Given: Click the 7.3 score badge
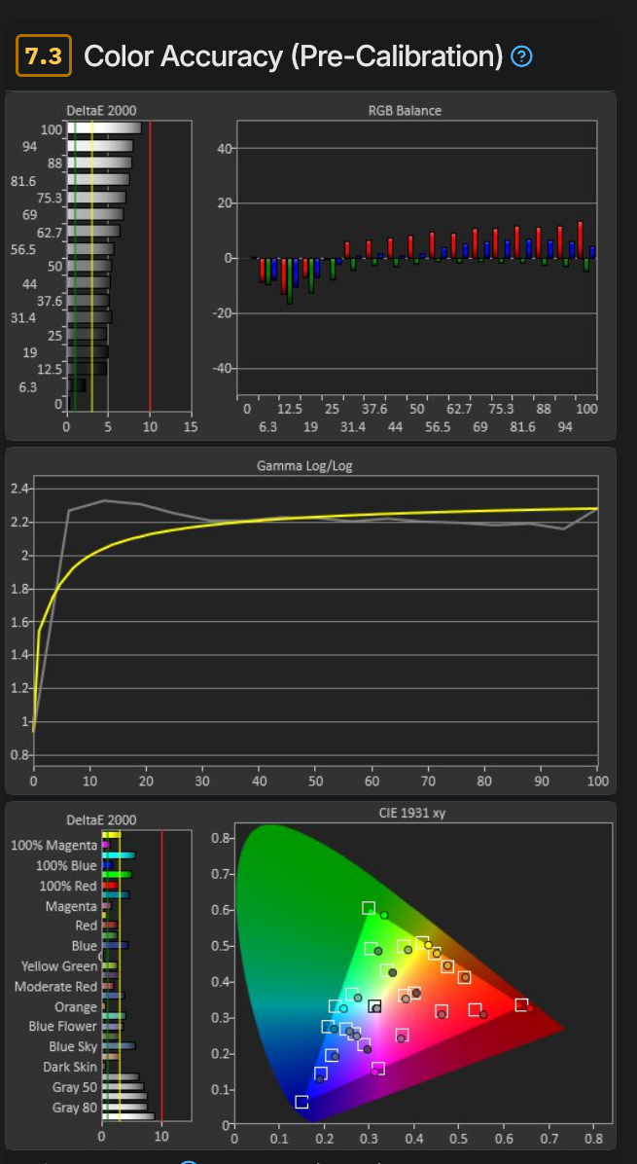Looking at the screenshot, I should coord(43,56).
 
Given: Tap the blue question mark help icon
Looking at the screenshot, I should coord(521,57).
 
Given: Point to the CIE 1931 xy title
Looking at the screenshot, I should coord(412,812).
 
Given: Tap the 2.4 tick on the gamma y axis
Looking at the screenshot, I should coord(19,489).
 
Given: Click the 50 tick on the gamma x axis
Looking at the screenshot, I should coord(315,782).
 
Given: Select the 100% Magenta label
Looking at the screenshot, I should coord(53,846).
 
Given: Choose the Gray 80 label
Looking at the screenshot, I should coord(75,1108).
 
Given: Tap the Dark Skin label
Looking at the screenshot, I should coord(70,1067).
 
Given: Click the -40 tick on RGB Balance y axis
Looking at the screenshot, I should coord(220,368).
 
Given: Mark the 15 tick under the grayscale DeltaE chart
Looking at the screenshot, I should coord(190,426).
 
